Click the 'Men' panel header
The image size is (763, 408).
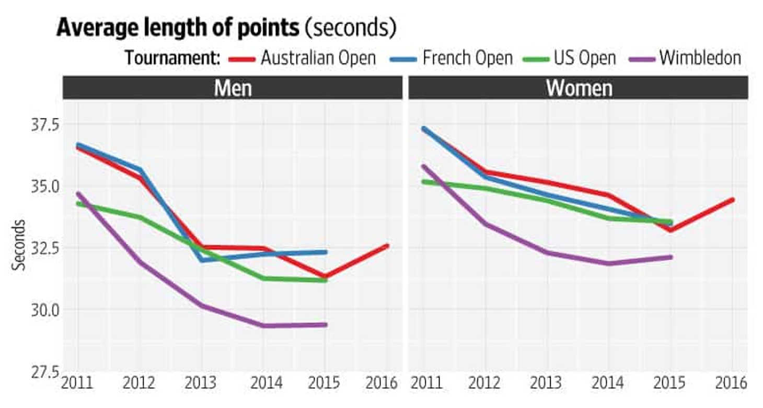[x=233, y=88]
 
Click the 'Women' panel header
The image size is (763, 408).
[x=579, y=88]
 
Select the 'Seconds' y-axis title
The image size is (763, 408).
[x=19, y=244]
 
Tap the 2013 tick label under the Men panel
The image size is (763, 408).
[x=201, y=383]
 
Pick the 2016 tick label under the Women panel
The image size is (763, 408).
[x=732, y=383]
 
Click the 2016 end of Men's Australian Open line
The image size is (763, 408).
[x=387, y=245]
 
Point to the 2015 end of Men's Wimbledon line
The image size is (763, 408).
[x=326, y=324]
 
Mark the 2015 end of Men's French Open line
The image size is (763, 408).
[x=326, y=252]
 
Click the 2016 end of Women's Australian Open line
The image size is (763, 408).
[x=733, y=199]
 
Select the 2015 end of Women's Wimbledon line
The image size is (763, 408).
[x=670, y=257]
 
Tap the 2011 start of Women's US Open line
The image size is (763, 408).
[x=424, y=181]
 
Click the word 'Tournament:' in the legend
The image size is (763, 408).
[x=172, y=57]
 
